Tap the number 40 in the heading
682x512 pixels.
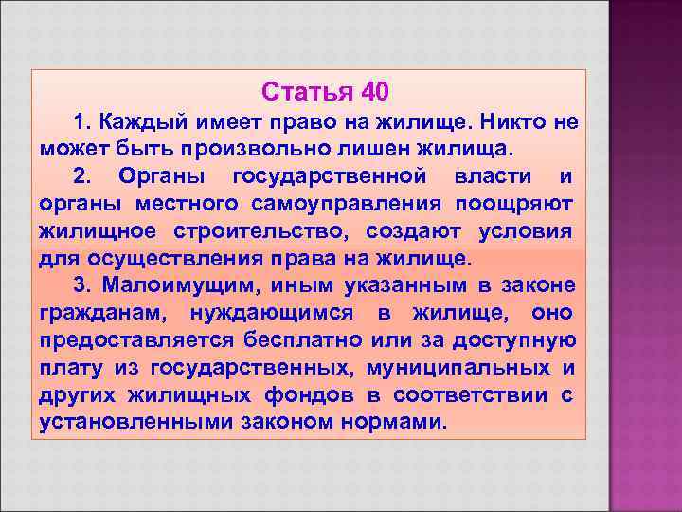coord(373,93)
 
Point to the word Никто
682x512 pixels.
coord(516,122)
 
